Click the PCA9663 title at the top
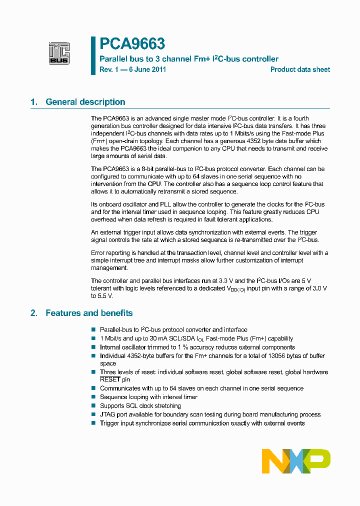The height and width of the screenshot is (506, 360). tap(132, 44)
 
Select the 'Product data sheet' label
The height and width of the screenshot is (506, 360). tap(300, 69)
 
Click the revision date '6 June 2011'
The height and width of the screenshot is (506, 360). tap(146, 69)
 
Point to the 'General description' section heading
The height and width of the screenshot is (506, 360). tap(85, 102)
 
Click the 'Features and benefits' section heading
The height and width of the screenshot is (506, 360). tap(89, 313)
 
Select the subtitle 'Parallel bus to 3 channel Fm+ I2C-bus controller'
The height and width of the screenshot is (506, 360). tap(189, 59)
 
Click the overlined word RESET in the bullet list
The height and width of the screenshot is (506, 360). tap(110, 379)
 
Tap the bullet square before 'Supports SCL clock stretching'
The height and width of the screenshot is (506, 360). tap(93, 406)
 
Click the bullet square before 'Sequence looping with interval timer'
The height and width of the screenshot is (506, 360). tap(93, 397)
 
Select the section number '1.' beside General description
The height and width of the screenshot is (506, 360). tap(33, 102)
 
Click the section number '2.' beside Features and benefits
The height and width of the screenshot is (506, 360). tap(33, 313)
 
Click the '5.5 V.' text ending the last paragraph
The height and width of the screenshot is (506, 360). tap(102, 295)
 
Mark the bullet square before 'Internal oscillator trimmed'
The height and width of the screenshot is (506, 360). tap(93, 347)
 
